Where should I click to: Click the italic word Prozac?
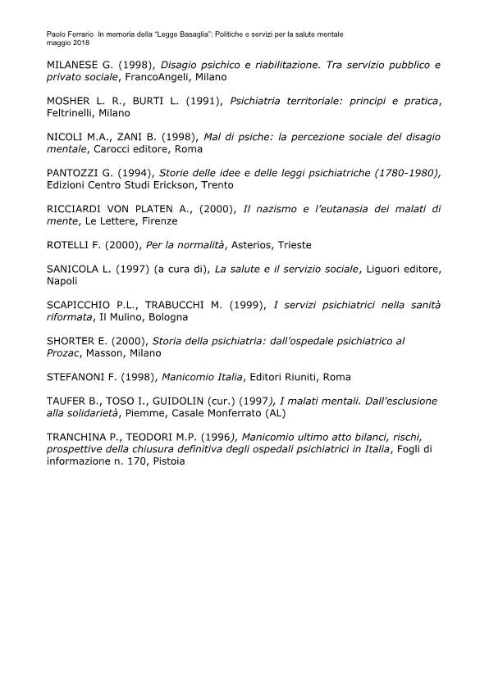(x=66, y=353)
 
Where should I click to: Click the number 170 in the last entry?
(x=138, y=461)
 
